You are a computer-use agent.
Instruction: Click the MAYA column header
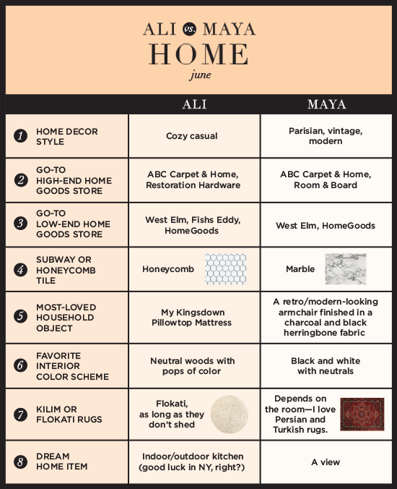[326, 104]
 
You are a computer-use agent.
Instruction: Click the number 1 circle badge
[21, 137]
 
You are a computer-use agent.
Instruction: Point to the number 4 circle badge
[21, 269]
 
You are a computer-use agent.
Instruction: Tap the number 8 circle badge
[21, 462]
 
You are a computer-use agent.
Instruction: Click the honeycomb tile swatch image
[225, 269]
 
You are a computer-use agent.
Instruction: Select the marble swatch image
[345, 269]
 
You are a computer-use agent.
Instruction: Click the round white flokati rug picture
[229, 414]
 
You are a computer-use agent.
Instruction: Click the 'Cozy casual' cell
[192, 136]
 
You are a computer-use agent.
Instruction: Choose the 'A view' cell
[326, 462]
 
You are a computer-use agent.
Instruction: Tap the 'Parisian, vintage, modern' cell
[326, 136]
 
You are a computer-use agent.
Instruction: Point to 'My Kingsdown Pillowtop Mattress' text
[192, 318]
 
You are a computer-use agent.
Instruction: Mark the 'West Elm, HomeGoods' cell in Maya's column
[326, 226]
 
